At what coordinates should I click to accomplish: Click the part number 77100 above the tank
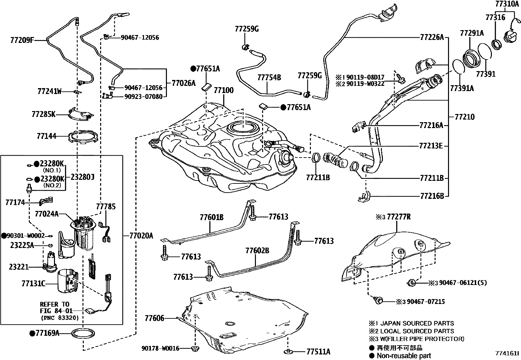tap(224, 90)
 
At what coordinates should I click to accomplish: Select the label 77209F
tap(22, 40)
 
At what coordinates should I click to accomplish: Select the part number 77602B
tap(257, 251)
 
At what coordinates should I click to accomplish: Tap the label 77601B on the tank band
tap(211, 217)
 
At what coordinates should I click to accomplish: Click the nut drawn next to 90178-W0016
tap(195, 348)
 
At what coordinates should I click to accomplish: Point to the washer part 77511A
tap(288, 352)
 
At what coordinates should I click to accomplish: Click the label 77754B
tap(269, 78)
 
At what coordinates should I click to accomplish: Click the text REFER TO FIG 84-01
tap(55, 307)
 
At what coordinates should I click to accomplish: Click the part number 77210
tap(465, 117)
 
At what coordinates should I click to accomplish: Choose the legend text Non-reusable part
tap(404, 356)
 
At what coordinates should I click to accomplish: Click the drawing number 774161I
tap(507, 353)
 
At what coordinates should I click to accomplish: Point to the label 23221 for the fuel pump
tap(19, 267)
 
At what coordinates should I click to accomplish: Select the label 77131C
tap(33, 283)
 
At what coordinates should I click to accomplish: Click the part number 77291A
tap(472, 33)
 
